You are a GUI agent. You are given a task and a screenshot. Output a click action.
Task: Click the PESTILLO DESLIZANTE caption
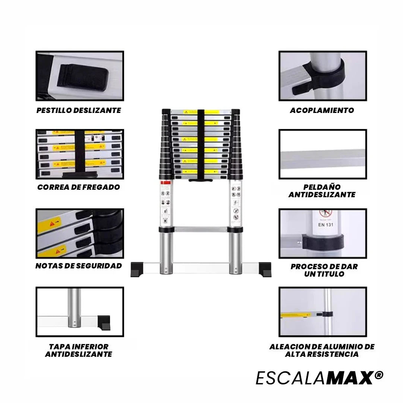(79, 110)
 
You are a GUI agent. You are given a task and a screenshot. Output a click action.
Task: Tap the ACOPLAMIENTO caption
(322, 110)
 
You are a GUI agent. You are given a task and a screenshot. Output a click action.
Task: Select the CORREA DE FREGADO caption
(79, 187)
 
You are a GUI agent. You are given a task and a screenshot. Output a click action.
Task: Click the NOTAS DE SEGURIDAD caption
(79, 266)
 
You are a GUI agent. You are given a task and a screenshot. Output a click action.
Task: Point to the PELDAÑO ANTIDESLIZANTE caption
(322, 191)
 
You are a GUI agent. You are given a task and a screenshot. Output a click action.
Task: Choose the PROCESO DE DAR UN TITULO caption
(324, 270)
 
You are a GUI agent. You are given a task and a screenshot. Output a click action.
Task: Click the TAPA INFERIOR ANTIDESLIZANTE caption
(79, 350)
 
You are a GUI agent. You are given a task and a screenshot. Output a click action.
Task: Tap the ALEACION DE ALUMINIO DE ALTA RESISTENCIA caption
(322, 350)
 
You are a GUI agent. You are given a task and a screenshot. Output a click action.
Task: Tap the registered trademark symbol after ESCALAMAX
(379, 375)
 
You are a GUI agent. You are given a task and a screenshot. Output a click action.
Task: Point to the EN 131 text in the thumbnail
(326, 225)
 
